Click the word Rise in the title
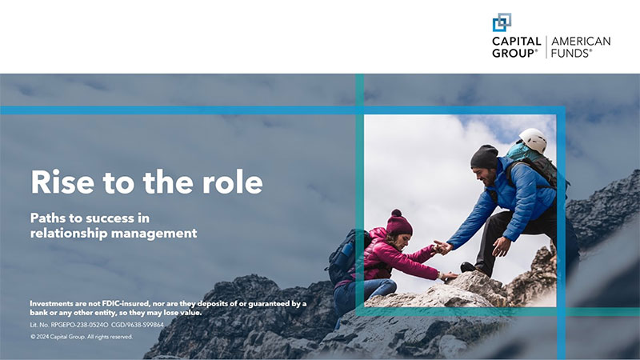tap(56, 182)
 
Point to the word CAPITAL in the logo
tap(516, 42)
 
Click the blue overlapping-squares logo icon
tap(502, 22)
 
